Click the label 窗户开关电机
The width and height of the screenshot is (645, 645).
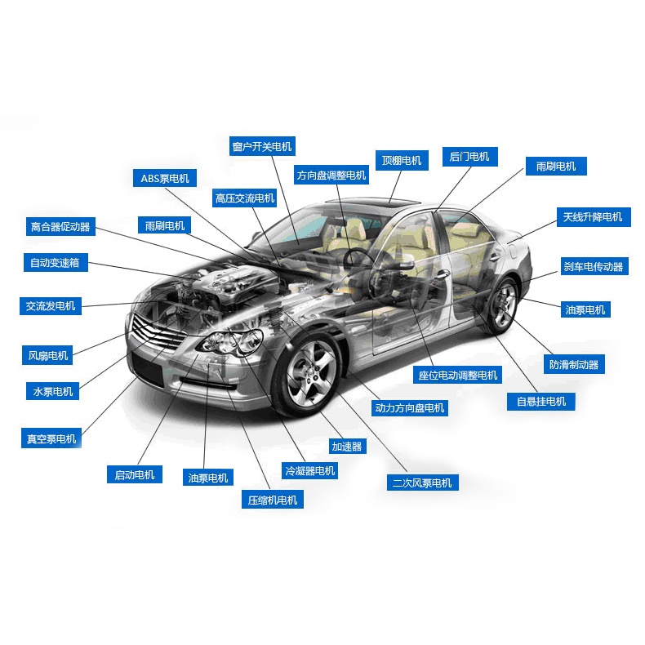(262, 147)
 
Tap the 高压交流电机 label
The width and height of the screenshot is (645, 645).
(245, 198)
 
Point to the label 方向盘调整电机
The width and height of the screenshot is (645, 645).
(331, 175)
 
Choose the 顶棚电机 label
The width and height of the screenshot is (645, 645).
(401, 160)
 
